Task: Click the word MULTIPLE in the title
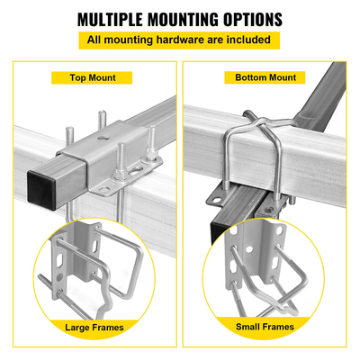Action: [x=114, y=19]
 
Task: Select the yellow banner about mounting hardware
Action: [x=179, y=40]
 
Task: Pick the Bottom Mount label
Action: [x=265, y=77]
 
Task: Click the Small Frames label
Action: [x=267, y=328]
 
